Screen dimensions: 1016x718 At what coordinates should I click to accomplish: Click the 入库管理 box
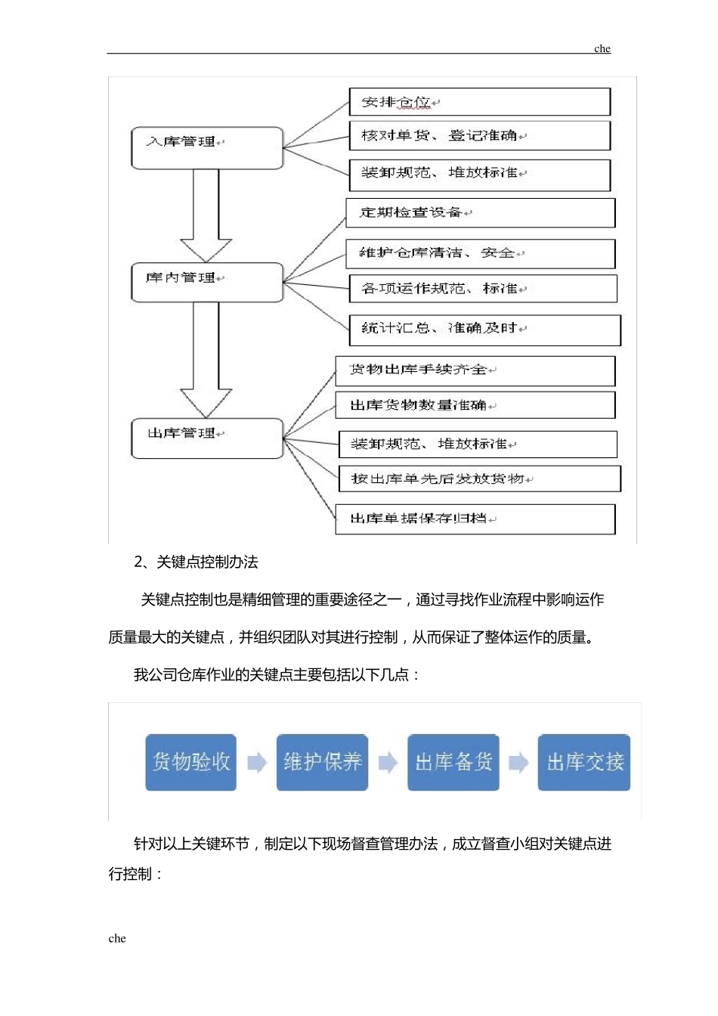[x=207, y=148]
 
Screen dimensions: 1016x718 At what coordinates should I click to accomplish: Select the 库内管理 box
[x=207, y=283]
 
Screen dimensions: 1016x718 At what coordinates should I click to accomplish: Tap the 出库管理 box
[x=207, y=438]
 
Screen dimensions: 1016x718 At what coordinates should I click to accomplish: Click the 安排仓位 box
[x=479, y=102]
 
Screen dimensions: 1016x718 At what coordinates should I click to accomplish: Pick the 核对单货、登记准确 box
[x=479, y=136]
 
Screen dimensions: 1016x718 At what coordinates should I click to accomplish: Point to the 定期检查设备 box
[x=480, y=213]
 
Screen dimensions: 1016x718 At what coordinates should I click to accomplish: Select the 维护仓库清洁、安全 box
[x=480, y=254]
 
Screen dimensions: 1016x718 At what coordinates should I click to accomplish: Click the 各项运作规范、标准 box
[x=483, y=289]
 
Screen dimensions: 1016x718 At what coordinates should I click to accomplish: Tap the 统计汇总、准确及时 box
[x=484, y=330]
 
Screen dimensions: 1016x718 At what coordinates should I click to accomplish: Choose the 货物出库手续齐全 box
[x=475, y=371]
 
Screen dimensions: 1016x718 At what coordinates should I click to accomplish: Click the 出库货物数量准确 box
[x=475, y=405]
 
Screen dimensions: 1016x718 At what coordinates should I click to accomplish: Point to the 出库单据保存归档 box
[x=475, y=519]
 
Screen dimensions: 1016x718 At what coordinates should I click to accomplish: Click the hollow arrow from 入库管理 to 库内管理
[x=206, y=215]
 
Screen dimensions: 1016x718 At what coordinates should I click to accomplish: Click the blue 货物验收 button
[x=191, y=762]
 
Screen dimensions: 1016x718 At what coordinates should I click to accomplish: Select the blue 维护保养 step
[x=322, y=762]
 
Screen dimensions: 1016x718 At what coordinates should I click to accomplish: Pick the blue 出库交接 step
[x=584, y=762]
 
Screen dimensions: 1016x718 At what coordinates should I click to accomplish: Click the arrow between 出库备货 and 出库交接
[x=518, y=763]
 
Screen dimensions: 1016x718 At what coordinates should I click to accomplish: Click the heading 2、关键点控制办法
[x=196, y=562]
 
